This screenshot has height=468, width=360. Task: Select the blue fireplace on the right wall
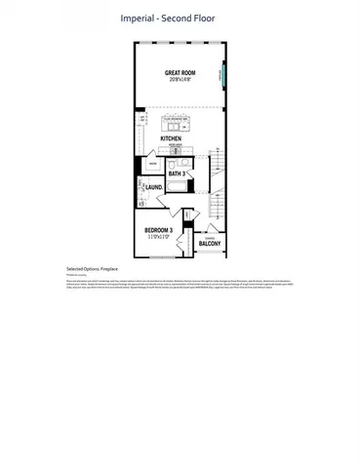[224, 74]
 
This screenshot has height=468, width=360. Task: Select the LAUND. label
[154, 187]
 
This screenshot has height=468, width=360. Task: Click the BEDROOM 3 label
[158, 230]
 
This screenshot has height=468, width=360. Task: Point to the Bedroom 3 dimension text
[158, 237]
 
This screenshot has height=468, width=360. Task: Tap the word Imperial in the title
[140, 18]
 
